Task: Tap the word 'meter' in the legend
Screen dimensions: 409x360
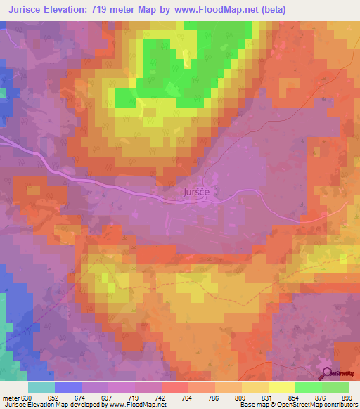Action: pyautogui.click(x=12, y=397)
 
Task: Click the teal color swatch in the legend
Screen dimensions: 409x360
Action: pyautogui.click(x=41, y=387)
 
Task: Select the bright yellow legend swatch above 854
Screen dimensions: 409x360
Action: pyautogui.click(x=281, y=387)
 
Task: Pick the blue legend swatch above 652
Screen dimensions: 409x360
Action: pyautogui.click(x=67, y=387)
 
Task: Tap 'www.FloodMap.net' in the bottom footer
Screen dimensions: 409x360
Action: pyautogui.click(x=138, y=405)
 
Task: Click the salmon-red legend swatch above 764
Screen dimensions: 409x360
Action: pyautogui.click(x=174, y=387)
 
